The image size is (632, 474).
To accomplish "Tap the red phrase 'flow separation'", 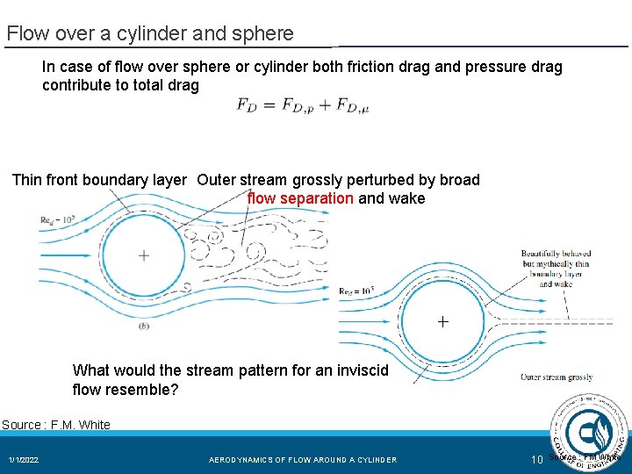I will pyautogui.click(x=300, y=198).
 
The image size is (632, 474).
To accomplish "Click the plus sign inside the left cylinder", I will pyautogui.click(x=143, y=256).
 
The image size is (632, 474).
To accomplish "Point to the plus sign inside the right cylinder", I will pyautogui.click(x=443, y=322).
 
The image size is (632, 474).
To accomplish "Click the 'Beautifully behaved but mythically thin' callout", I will pyautogui.click(x=556, y=258).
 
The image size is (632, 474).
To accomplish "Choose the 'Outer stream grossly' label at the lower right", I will pyautogui.click(x=557, y=377).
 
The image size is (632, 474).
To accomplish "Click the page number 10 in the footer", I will pyautogui.click(x=537, y=460).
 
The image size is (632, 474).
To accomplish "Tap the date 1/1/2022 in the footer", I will pyautogui.click(x=24, y=460).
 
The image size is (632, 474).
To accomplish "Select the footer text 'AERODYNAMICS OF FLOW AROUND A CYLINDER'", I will pyautogui.click(x=303, y=460).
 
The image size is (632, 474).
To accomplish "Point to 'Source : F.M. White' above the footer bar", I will pyautogui.click(x=56, y=425).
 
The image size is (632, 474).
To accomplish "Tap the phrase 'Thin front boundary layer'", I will pyautogui.click(x=99, y=180).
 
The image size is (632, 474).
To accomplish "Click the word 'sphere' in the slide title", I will pyautogui.click(x=265, y=34).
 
